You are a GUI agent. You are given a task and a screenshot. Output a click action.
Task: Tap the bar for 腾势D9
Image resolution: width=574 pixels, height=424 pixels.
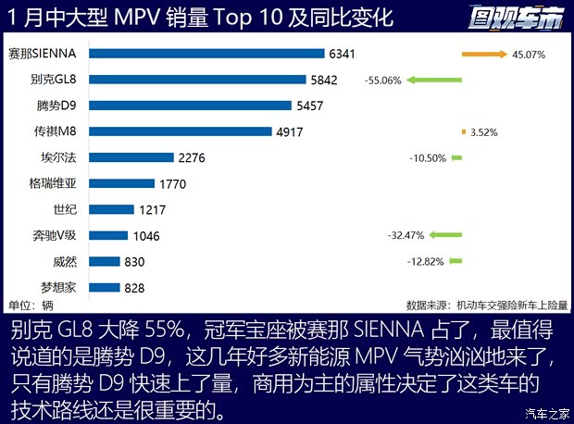(x=192, y=106)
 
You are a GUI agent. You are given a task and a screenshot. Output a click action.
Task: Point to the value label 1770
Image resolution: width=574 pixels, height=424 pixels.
(x=172, y=183)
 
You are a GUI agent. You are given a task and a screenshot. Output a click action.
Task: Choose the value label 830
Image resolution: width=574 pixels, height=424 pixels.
(x=134, y=262)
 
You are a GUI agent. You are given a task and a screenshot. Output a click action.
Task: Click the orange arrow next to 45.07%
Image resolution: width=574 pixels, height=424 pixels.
(x=484, y=54)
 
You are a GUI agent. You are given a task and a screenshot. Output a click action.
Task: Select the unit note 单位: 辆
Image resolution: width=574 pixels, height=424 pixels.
(x=29, y=305)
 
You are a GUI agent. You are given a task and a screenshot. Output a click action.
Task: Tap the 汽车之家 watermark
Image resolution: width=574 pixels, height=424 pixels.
(x=545, y=413)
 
